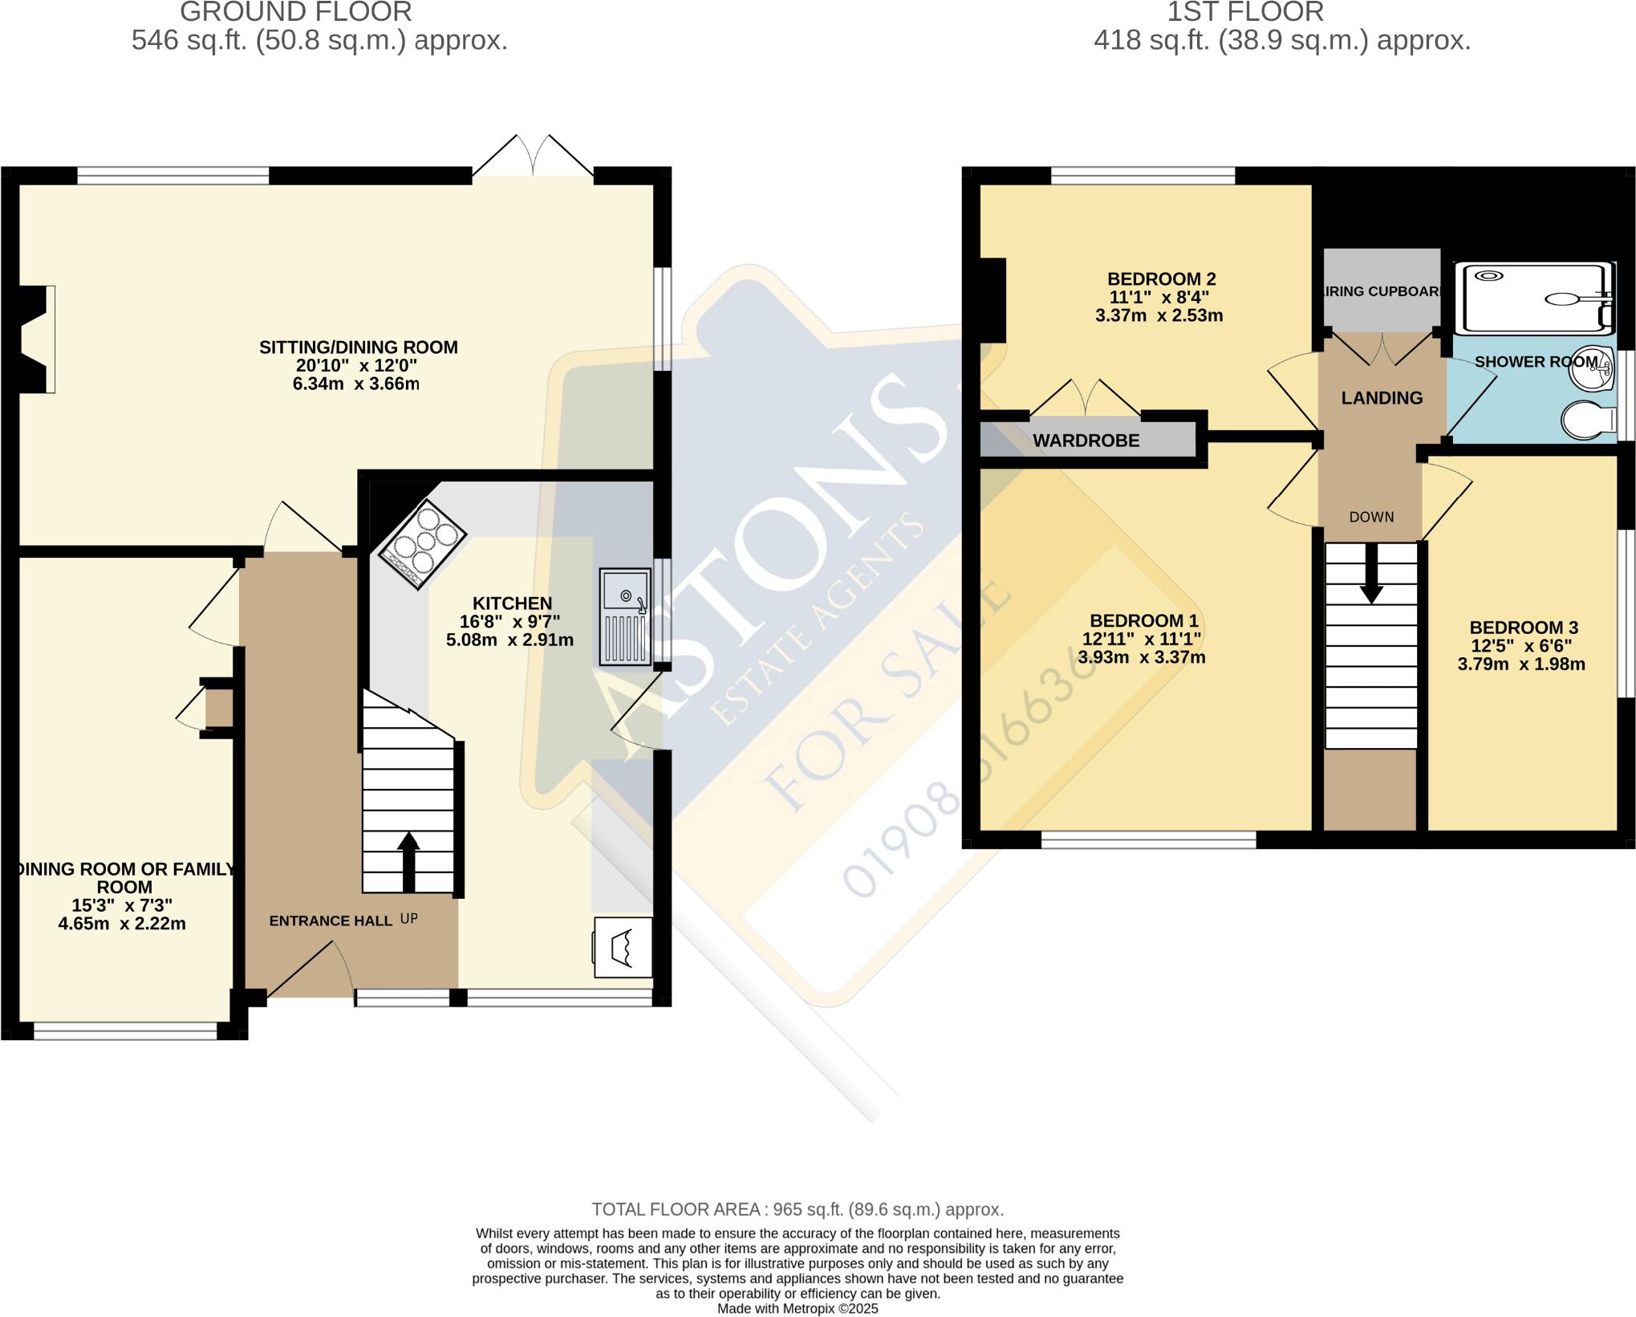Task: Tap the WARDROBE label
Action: click(1086, 441)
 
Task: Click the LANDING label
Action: click(1382, 398)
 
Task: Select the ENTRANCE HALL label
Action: click(331, 921)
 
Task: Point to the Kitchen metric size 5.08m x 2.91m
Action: click(509, 640)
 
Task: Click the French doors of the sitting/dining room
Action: click(534, 156)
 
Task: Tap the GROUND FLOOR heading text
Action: click(295, 12)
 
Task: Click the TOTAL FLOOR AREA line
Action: click(798, 1209)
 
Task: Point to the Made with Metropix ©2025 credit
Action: click(798, 1309)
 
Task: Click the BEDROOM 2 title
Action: click(1161, 279)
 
